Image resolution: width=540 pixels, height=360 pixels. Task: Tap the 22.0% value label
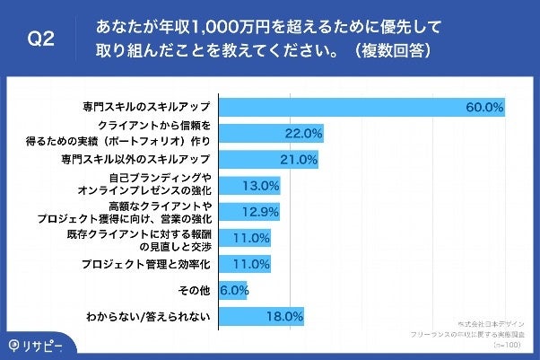(x=303, y=134)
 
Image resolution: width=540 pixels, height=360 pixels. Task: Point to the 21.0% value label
(x=299, y=160)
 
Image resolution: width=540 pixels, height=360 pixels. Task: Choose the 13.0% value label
(x=262, y=186)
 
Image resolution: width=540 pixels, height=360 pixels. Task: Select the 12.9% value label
(x=261, y=212)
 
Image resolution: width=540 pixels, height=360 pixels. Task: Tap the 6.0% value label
(x=233, y=290)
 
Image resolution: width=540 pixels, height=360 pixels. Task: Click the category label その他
(x=195, y=290)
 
